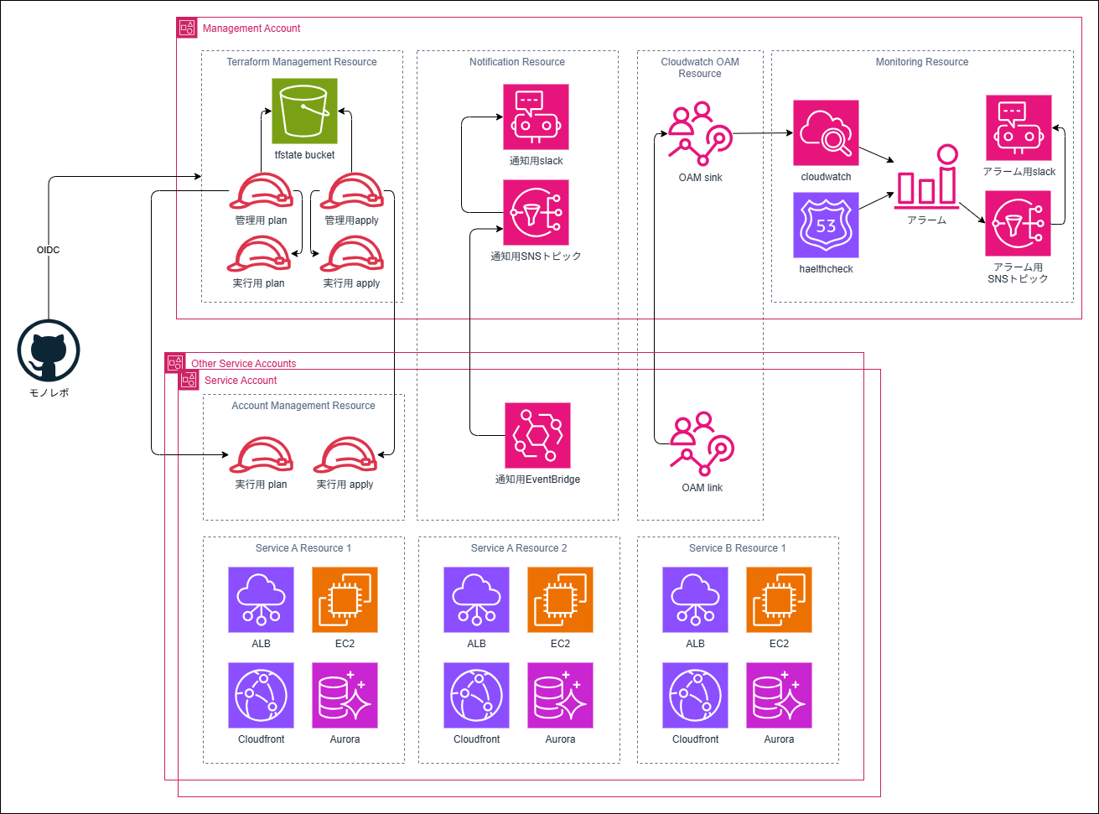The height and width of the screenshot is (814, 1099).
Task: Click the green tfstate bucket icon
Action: click(304, 111)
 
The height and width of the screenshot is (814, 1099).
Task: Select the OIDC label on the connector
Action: click(49, 250)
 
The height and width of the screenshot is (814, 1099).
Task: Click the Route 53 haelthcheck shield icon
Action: click(827, 225)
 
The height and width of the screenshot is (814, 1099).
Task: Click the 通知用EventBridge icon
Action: click(537, 435)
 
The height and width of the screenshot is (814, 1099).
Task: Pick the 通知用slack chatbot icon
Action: click(536, 117)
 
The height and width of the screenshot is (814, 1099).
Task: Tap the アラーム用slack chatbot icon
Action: click(1019, 127)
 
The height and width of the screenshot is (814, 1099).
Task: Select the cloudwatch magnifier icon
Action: click(827, 132)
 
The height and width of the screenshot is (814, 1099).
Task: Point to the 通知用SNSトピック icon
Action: click(536, 212)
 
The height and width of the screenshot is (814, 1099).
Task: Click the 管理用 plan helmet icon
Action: click(261, 193)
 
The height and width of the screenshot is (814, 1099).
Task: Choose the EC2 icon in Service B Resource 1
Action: click(779, 599)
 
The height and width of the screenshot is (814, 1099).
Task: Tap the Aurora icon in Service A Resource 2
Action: click(560, 695)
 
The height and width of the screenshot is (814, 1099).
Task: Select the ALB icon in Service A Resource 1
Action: click(261, 599)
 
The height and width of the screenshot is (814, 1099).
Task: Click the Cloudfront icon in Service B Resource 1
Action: click(695, 695)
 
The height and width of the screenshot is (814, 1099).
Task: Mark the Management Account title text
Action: click(251, 29)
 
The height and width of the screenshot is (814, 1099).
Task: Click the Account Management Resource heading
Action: click(303, 406)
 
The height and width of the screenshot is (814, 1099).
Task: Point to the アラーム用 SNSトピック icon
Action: click(1019, 223)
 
